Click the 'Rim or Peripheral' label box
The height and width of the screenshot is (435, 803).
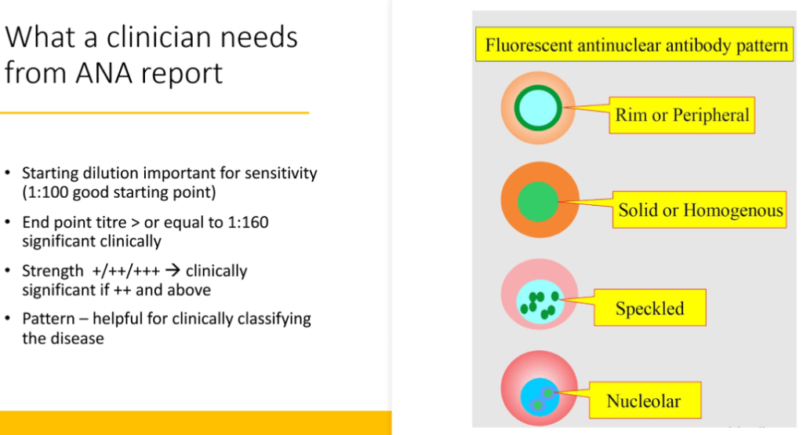coord(681,115)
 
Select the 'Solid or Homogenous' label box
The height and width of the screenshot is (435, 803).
coord(699,210)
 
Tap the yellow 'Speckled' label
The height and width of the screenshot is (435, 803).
coord(650,308)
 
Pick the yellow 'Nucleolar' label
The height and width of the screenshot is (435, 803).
coord(645,400)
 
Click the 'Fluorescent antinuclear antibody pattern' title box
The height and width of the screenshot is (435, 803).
coord(634,45)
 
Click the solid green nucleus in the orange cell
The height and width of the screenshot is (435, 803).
coord(538,202)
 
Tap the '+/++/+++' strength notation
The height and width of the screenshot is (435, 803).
coord(126,271)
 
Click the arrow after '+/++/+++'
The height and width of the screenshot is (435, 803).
coord(173,270)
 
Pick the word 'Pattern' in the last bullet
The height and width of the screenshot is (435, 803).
coord(49,319)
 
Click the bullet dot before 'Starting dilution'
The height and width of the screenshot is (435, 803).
coord(8,173)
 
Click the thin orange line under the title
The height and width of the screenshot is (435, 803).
coord(154,112)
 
